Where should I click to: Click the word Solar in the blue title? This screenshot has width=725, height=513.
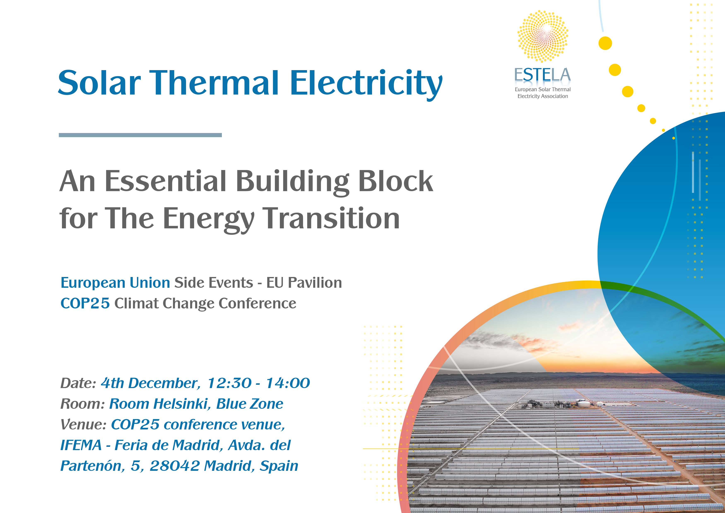tap(99, 83)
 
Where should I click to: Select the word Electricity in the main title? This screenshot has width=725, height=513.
tap(366, 84)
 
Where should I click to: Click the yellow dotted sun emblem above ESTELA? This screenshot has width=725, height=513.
tap(543, 36)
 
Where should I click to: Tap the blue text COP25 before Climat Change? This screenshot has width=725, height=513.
tap(85, 303)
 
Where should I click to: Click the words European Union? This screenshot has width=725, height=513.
tap(115, 283)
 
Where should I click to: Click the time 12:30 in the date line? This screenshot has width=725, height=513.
tap(229, 383)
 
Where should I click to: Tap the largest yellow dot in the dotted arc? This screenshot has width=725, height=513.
tap(605, 43)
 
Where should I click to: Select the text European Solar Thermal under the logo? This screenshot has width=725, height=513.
tap(543, 89)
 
